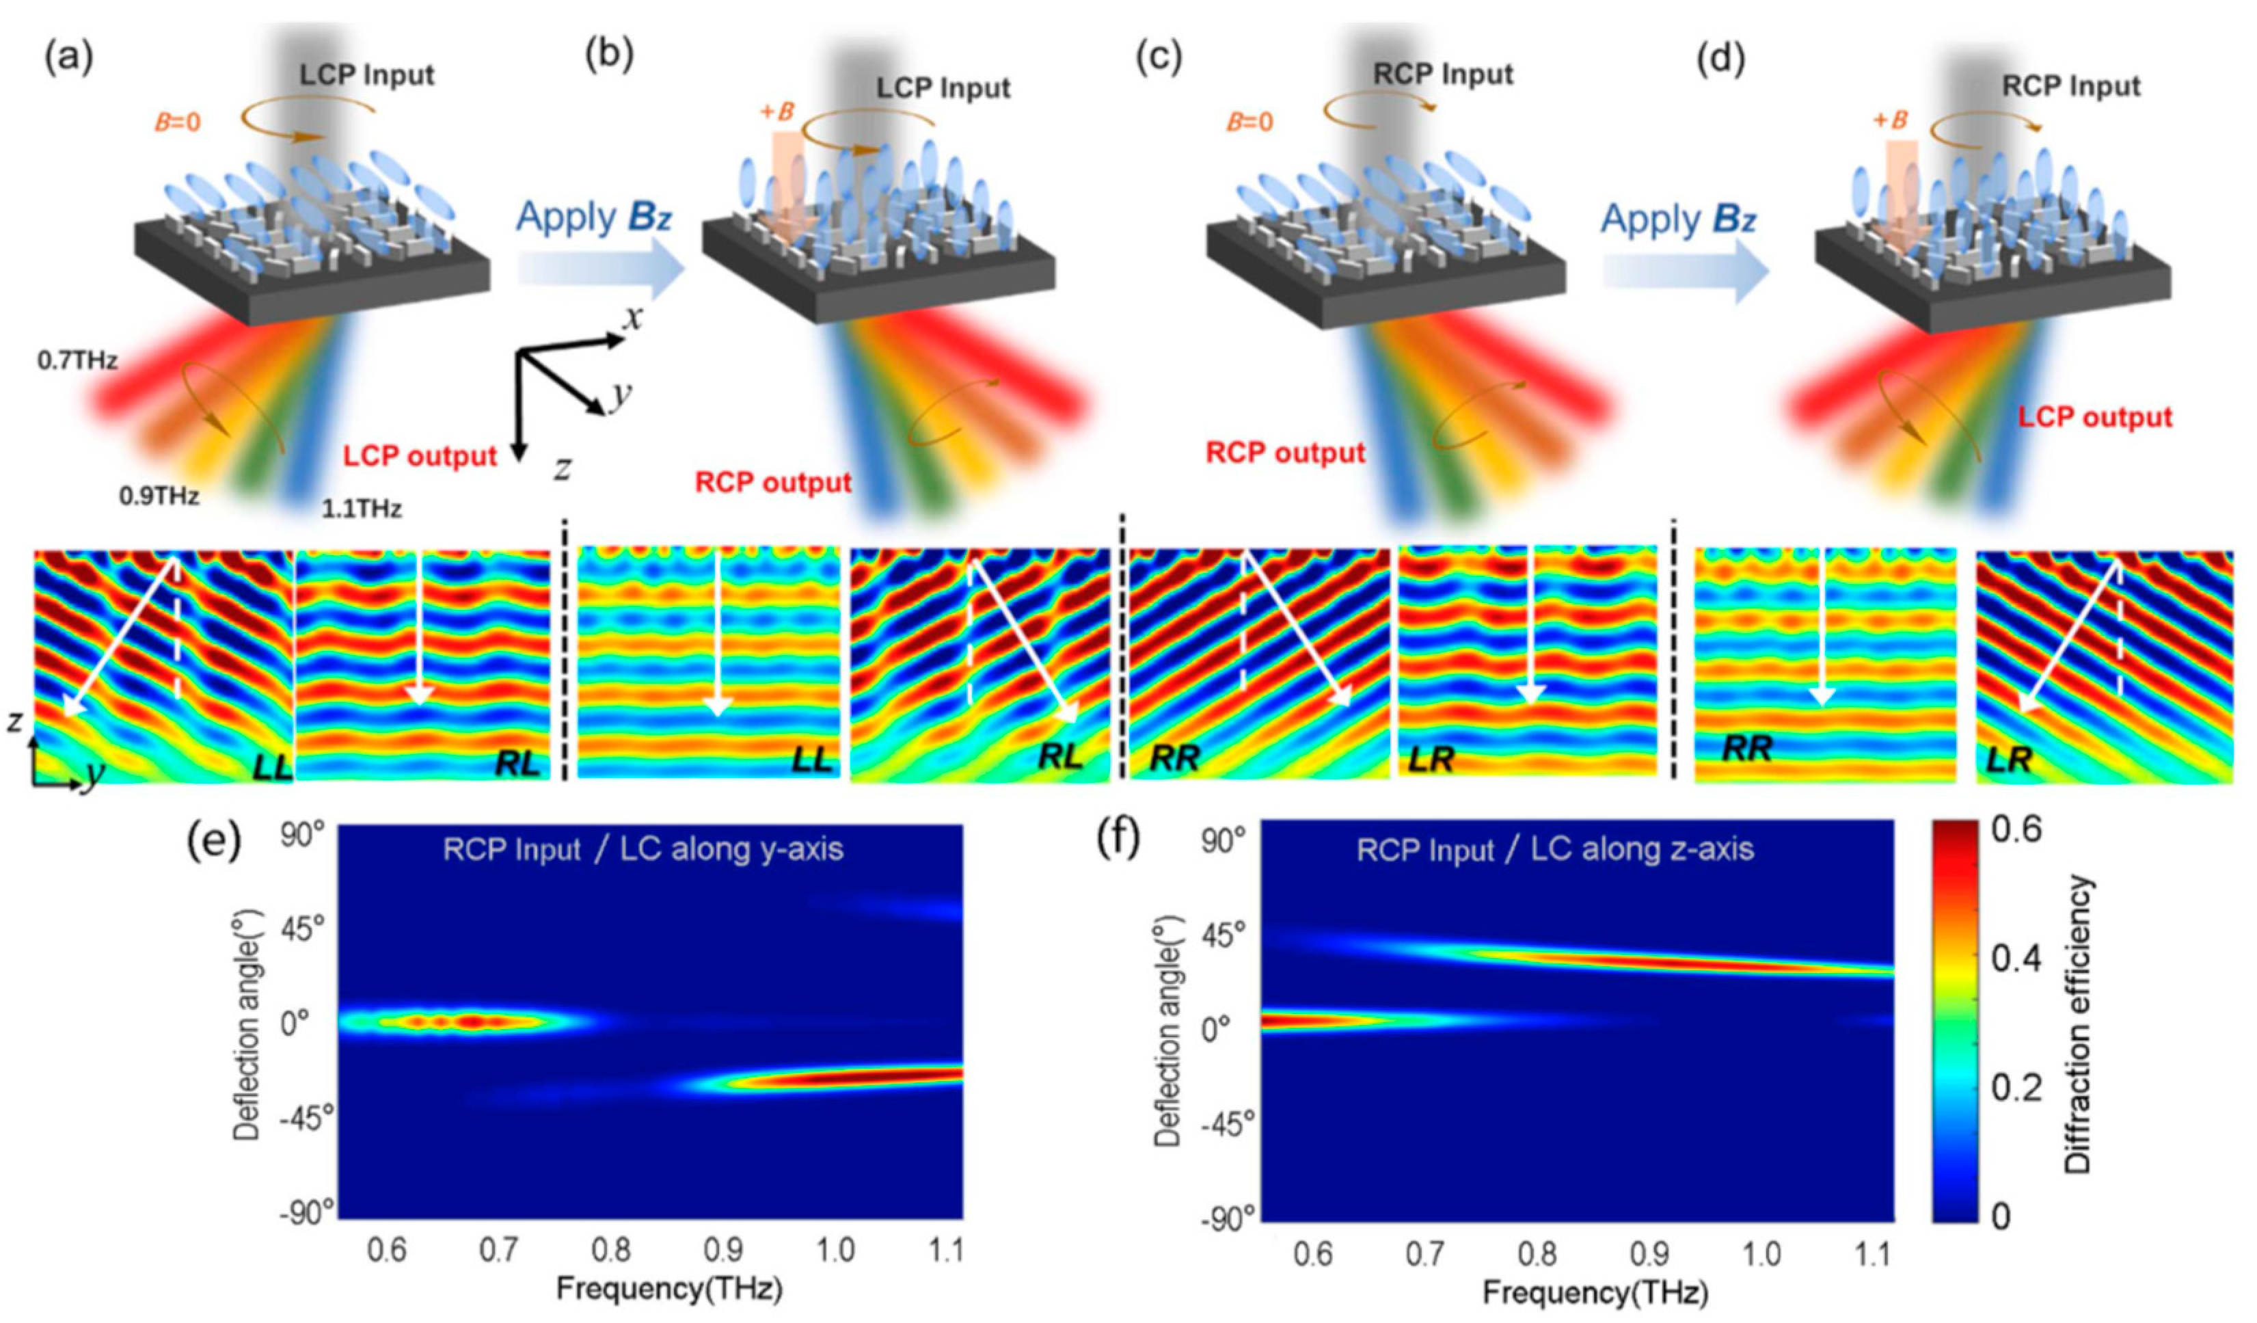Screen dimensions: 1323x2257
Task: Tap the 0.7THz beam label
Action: coord(78,362)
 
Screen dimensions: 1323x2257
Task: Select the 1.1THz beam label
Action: coord(362,509)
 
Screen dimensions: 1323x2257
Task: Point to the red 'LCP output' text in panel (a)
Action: coord(419,457)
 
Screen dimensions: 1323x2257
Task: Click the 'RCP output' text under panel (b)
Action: coord(773,483)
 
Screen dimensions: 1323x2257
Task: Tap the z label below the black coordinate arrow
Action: coord(562,468)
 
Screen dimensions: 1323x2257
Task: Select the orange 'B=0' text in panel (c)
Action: coord(1249,121)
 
